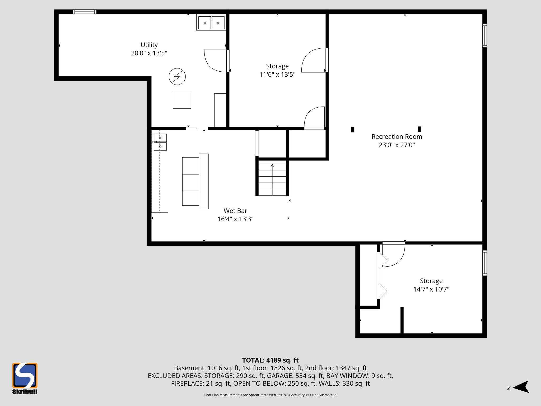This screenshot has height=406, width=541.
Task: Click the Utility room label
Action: pyautogui.click(x=149, y=45)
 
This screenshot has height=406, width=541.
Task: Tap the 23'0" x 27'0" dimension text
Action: pyautogui.click(x=397, y=145)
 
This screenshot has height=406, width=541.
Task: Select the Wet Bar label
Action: pyautogui.click(x=235, y=211)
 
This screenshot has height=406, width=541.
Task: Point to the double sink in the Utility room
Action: pyautogui.click(x=211, y=23)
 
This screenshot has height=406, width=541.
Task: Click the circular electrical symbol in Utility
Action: pyautogui.click(x=177, y=77)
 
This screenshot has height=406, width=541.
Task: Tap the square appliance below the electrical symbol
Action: pyautogui.click(x=182, y=100)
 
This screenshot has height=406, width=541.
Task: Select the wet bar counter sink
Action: pyautogui.click(x=160, y=142)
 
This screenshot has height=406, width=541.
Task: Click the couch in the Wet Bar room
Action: pyautogui.click(x=195, y=181)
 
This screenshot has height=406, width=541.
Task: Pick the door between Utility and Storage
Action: pyautogui.click(x=215, y=61)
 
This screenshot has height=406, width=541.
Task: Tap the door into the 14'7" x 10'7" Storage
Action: pyautogui.click(x=394, y=254)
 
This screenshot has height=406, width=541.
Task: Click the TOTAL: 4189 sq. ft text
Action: pyautogui.click(x=270, y=360)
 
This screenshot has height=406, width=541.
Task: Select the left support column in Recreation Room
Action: pyautogui.click(x=353, y=129)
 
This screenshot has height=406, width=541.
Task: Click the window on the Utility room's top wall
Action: pyautogui.click(x=85, y=12)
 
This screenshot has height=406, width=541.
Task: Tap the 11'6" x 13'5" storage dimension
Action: pyautogui.click(x=277, y=75)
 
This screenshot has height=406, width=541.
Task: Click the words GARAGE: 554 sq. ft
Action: pyautogui.click(x=295, y=376)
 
